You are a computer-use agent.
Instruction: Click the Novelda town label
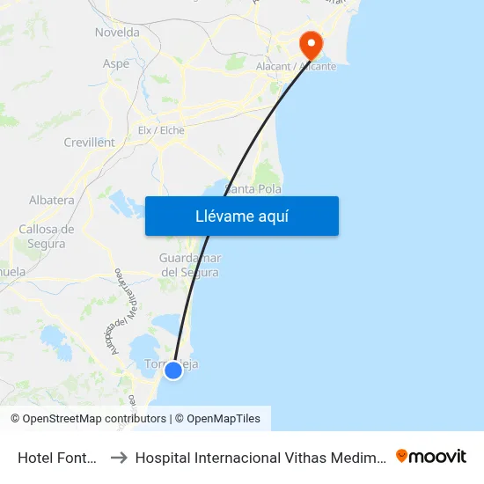point(117,33)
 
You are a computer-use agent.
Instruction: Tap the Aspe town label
point(116,63)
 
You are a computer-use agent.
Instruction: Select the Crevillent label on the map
point(89,142)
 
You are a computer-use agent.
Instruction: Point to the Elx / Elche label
point(161,130)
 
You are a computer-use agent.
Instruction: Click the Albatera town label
point(52,200)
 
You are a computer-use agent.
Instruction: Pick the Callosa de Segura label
point(46,236)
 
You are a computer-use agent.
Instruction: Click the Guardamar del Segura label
point(189,265)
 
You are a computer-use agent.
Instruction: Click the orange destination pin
point(311,43)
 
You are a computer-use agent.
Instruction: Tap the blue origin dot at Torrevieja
point(173,370)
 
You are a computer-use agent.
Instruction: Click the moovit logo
point(431,456)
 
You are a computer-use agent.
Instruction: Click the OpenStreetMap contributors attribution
point(94,419)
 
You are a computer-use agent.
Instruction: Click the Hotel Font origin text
point(57,457)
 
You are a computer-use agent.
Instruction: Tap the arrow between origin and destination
point(119,457)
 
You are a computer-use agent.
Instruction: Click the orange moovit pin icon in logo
point(402,456)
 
